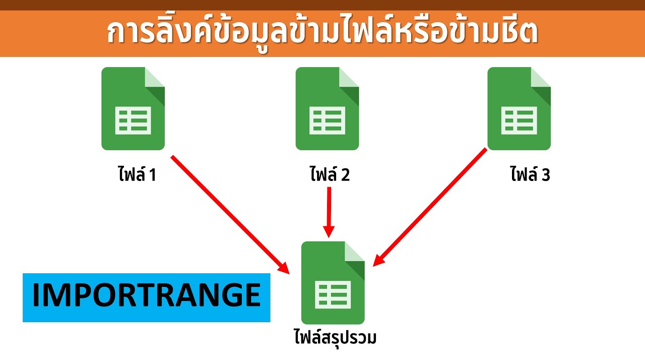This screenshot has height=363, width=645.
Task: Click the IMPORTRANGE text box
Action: (x=146, y=297)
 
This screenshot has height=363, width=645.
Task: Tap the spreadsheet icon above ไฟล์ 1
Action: (x=133, y=108)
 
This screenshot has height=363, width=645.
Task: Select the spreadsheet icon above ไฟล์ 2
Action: (x=327, y=108)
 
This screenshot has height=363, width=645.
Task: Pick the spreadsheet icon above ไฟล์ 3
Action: (x=519, y=108)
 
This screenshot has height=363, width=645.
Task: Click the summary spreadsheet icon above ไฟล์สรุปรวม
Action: (x=333, y=283)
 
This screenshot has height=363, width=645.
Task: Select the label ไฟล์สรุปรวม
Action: (x=336, y=338)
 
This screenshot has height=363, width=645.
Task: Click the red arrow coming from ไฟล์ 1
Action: (x=230, y=215)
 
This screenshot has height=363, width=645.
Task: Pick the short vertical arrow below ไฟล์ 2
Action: (x=329, y=212)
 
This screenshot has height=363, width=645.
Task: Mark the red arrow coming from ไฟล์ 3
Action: (x=430, y=207)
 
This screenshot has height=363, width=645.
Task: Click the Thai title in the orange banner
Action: (x=322, y=32)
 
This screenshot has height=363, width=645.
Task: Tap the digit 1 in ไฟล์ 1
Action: (x=153, y=175)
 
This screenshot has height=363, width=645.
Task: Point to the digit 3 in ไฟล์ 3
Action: (x=546, y=175)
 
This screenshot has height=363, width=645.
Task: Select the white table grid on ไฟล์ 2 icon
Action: (x=327, y=120)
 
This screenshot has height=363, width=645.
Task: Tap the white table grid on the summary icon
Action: (x=333, y=295)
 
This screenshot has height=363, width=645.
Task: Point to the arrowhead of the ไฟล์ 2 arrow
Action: (x=329, y=231)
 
